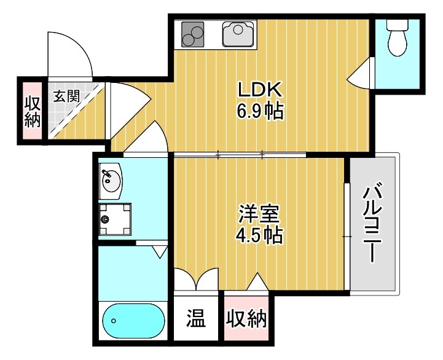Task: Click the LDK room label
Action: [x=260, y=90]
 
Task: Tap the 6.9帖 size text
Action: [x=260, y=112]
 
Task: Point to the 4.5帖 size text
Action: [x=259, y=235]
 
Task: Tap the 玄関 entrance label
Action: [x=66, y=96]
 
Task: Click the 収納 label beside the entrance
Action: [x=32, y=111]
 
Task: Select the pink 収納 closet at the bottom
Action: [x=246, y=319]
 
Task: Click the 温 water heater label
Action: [x=196, y=319]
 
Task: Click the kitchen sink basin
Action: [x=238, y=34]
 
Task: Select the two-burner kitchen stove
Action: [x=193, y=34]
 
